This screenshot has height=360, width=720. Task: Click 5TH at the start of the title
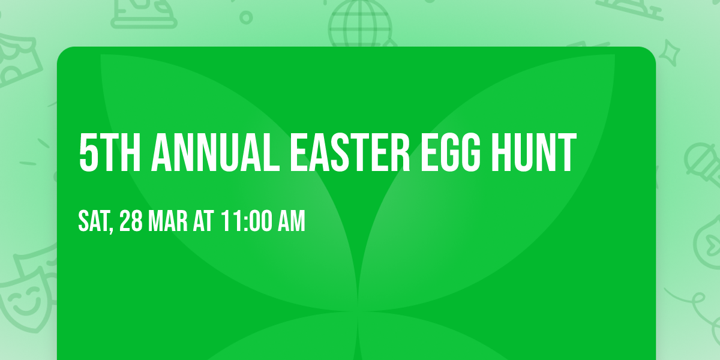(109, 153)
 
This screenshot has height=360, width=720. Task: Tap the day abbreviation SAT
(93, 221)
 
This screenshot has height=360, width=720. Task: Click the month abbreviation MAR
(167, 221)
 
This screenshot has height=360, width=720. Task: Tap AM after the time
(290, 221)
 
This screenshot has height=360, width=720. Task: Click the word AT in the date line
(203, 221)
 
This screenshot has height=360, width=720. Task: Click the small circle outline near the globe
(246, 17)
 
